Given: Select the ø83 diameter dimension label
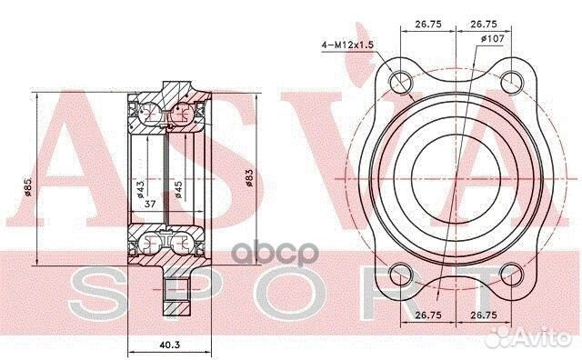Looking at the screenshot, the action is coord(249,178).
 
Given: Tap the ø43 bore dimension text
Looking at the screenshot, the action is coord(140,189).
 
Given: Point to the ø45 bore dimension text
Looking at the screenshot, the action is coord(178,189).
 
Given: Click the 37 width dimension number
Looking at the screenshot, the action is coord(150,204).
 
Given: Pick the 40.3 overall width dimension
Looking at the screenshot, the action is coord(170,345).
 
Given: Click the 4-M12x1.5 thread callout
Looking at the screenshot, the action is coord(347,45).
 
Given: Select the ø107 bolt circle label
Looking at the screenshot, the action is coord(493,38).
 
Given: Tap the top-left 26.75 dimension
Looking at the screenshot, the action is coord(428,25).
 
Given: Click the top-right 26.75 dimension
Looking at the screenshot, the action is coord(484,25).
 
